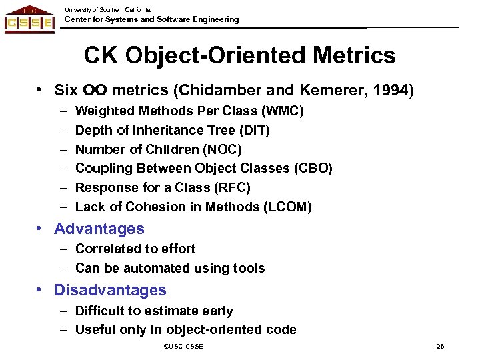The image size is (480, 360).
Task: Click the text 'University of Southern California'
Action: tap(107, 9)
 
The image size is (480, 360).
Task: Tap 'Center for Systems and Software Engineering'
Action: tap(151, 20)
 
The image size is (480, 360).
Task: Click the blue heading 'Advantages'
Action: tap(99, 229)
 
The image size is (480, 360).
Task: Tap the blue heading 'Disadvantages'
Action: tap(111, 291)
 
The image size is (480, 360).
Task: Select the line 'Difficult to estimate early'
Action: tap(154, 311)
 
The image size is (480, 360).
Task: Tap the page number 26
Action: tap(440, 347)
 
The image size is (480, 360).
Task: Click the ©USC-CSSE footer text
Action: tap(183, 347)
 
